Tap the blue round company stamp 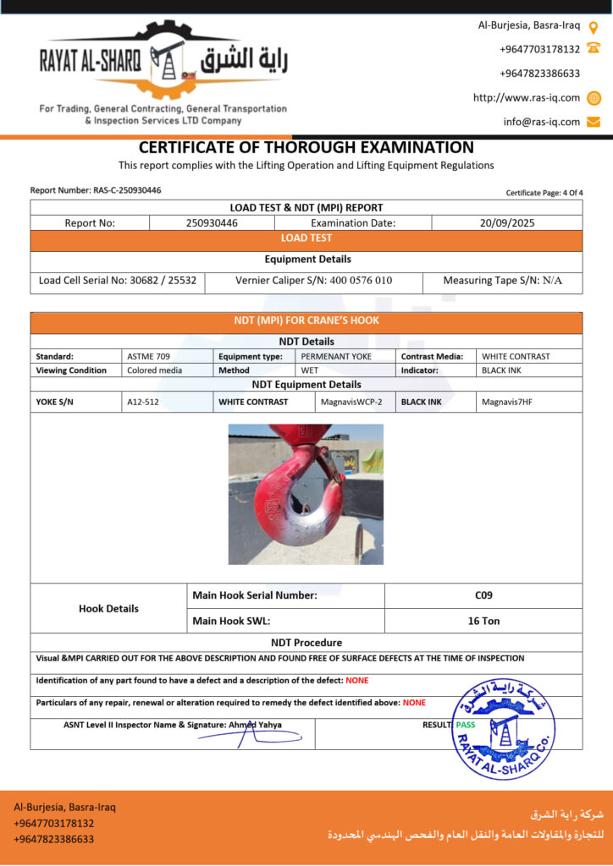click(x=503, y=729)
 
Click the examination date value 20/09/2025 click(x=506, y=223)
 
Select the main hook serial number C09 click(x=483, y=595)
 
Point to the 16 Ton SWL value click(x=483, y=621)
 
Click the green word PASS click(x=465, y=725)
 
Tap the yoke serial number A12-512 click(x=143, y=402)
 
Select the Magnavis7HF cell click(x=505, y=402)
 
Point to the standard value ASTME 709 click(x=148, y=356)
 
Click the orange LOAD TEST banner click(x=306, y=238)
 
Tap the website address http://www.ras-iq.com click(x=527, y=97)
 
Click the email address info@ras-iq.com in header click(x=542, y=122)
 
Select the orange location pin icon click(x=594, y=26)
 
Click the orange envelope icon click(x=594, y=122)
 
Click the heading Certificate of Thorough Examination click(x=306, y=147)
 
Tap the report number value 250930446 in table click(x=212, y=223)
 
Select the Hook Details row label click(x=108, y=608)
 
